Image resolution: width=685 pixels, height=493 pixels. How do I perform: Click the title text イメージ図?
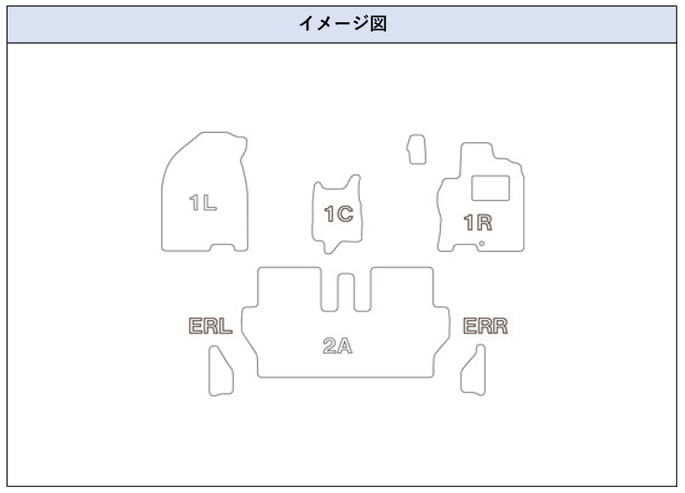[342, 23]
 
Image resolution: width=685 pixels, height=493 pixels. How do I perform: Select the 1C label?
[339, 213]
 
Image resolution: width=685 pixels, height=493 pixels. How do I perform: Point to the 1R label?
[477, 223]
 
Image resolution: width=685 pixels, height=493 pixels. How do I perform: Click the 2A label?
[338, 347]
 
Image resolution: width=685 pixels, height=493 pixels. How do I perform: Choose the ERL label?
[211, 326]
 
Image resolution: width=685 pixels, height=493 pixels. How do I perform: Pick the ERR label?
[485, 326]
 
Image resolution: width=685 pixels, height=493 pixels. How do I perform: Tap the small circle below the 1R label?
[481, 244]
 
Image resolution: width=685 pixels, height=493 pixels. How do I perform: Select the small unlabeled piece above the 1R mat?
[416, 148]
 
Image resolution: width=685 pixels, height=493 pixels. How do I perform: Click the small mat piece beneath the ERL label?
[221, 371]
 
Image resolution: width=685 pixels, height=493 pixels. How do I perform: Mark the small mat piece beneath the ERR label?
[474, 370]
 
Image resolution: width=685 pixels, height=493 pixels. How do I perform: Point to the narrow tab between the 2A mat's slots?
[346, 293]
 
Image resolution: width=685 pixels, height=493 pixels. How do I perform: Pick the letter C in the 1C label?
[345, 213]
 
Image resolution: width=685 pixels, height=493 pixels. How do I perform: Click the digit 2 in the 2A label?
[330, 347]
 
